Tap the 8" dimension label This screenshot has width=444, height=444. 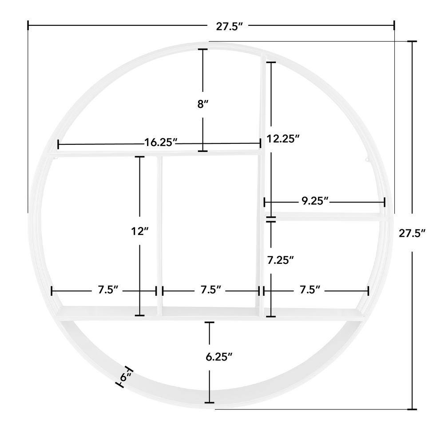tap(203, 104)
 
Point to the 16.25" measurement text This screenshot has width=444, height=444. tap(161, 143)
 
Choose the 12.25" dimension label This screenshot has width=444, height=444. tap(283, 139)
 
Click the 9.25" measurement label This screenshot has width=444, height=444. tap(315, 201)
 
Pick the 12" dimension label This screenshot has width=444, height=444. tap(139, 231)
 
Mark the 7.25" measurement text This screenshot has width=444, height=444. tap(280, 260)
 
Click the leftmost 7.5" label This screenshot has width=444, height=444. tap(108, 290)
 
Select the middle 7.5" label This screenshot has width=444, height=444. tap(210, 290)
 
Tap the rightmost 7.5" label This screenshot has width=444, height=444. tap(310, 290)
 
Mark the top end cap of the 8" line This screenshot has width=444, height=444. tap(203, 49)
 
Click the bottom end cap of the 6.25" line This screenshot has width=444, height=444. tap(209, 402)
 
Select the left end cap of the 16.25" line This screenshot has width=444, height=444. tap(59, 144)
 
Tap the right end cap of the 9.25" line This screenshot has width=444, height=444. tap(385, 202)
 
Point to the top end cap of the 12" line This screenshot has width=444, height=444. tap(139, 157)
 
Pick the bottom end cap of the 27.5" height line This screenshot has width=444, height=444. tap(412, 408)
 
